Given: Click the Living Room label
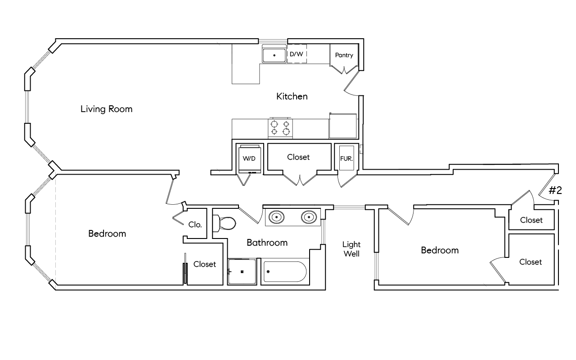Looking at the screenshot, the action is pyautogui.click(x=106, y=109).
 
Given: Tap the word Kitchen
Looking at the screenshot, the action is pyautogui.click(x=292, y=96).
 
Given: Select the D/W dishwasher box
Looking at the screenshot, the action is pyautogui.click(x=296, y=54).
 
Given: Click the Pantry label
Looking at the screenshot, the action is pyautogui.click(x=344, y=55).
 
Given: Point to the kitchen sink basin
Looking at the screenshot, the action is pyautogui.click(x=274, y=55).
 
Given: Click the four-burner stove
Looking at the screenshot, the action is pyautogui.click(x=280, y=128).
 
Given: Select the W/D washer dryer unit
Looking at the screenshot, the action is pyautogui.click(x=249, y=158).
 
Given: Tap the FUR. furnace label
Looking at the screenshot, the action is pyautogui.click(x=346, y=158).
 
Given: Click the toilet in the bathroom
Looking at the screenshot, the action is pyautogui.click(x=225, y=222).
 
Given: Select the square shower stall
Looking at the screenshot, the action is pyautogui.click(x=242, y=272).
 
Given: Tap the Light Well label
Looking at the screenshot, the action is pyautogui.click(x=351, y=249).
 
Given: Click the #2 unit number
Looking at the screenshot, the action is pyautogui.click(x=555, y=190).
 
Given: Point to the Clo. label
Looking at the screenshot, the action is pyautogui.click(x=195, y=224).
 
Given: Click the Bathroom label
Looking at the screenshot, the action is pyautogui.click(x=267, y=243).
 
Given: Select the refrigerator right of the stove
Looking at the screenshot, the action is pyautogui.click(x=343, y=126).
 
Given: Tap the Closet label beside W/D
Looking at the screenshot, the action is pyautogui.click(x=298, y=157).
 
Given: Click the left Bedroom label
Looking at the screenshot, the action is pyautogui.click(x=107, y=234).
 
